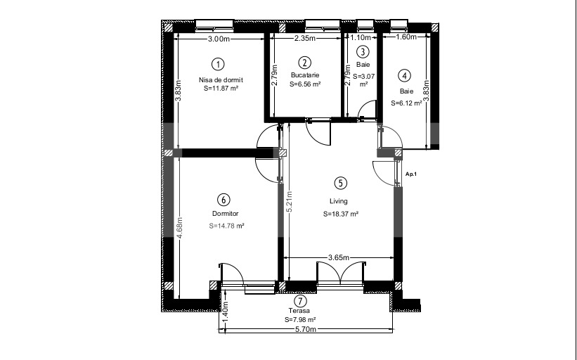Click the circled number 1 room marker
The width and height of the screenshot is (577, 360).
point(218,65)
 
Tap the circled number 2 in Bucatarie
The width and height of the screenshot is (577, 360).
point(304,63)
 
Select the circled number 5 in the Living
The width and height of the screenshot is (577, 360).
point(340,183)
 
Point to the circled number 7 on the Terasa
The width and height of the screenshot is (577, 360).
point(301,301)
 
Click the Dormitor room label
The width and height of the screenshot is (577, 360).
point(225,214)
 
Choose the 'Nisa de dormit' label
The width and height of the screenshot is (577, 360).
point(221,80)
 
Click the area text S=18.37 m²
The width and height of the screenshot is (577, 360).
point(341,214)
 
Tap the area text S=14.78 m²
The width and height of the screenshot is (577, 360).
point(227,226)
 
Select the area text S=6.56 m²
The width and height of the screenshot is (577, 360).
point(305,84)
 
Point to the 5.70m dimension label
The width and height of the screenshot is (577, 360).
point(306,329)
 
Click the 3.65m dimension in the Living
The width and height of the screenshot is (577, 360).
point(339,257)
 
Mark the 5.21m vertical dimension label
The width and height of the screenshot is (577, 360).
point(290,202)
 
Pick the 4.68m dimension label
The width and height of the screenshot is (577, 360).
point(180,229)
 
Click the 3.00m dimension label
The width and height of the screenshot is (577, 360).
point(219,39)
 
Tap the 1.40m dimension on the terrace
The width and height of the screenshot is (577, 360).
point(226,312)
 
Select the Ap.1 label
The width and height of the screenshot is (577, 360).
point(410,174)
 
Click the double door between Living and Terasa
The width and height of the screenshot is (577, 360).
point(341,273)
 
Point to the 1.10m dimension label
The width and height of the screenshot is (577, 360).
point(361,37)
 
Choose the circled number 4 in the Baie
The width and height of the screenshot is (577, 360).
point(404,76)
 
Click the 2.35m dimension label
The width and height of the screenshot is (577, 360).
point(305,38)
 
